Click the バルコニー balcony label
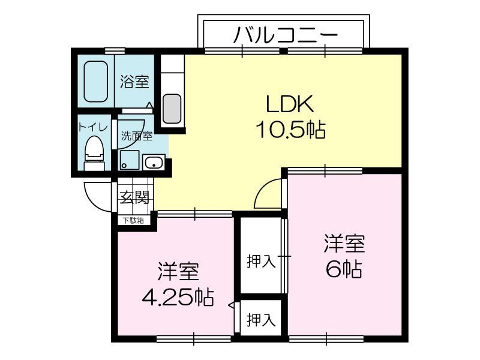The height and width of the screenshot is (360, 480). [x=285, y=35]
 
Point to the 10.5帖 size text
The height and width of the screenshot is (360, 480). [x=290, y=129]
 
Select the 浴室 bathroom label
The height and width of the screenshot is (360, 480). [x=134, y=82]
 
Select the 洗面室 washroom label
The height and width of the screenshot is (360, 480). [x=136, y=136]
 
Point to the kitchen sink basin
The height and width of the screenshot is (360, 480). [x=172, y=108]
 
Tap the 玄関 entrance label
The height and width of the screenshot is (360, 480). [x=134, y=197]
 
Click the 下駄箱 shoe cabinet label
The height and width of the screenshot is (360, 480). [x=134, y=220]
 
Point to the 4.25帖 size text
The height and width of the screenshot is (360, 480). [x=178, y=296]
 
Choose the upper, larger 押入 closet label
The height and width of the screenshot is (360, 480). [x=261, y=261]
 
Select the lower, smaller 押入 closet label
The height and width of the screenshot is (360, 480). [x=261, y=319]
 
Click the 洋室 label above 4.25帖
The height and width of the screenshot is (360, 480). [x=178, y=272]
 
